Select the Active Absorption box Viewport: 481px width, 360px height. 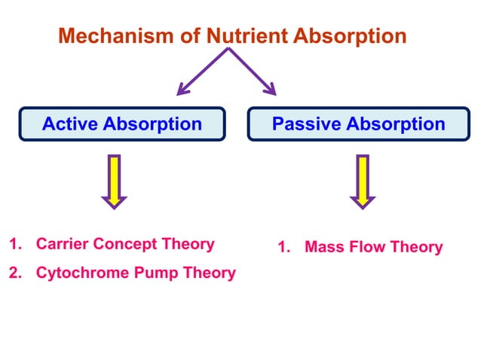click(122, 124)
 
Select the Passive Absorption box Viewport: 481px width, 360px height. click(358, 124)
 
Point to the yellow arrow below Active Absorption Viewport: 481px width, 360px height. click(114, 182)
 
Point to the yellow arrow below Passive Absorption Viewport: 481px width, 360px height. click(362, 182)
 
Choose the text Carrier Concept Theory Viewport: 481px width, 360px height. click(125, 244)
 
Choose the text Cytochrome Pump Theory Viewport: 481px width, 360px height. click(136, 273)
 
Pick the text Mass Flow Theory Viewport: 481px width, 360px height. click(373, 247)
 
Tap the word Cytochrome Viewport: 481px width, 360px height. click(83, 273)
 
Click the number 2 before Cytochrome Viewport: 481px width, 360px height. click(14, 273)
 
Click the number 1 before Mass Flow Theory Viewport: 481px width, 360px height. click(282, 247)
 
